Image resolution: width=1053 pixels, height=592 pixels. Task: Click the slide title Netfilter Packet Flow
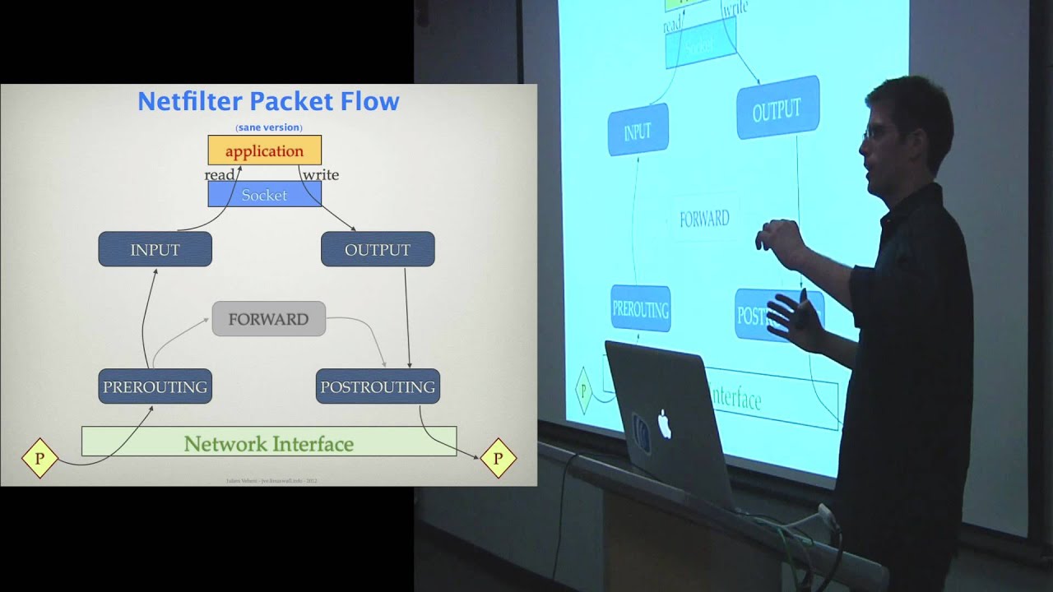coord(268,101)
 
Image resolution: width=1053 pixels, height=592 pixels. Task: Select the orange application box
coord(264,150)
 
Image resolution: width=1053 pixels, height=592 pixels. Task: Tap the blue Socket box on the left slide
coord(264,195)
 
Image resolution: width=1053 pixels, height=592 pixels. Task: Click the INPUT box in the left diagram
coord(155,249)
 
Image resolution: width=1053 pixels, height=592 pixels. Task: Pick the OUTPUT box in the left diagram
coord(378,249)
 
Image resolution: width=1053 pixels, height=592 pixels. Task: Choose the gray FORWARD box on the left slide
coord(268,319)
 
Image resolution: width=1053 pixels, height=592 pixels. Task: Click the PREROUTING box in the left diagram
coord(155,386)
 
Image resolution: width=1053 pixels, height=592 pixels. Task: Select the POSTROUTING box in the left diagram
coord(378,386)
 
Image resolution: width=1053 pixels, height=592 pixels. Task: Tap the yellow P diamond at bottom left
coord(39,458)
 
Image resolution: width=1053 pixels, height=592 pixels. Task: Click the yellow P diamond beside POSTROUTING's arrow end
coord(497,458)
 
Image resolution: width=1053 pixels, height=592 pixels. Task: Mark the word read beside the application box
coord(220,175)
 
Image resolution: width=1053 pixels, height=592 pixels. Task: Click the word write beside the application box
coord(321,175)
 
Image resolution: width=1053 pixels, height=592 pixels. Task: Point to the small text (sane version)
coord(268,127)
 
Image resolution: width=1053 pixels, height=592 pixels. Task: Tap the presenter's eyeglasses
coord(872,132)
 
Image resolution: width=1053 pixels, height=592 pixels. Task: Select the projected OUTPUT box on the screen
coord(777,109)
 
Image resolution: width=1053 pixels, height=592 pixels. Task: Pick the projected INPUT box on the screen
coord(638,132)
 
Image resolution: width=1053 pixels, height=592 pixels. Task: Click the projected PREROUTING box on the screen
coord(640,309)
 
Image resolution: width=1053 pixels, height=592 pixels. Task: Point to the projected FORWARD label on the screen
coord(704,219)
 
